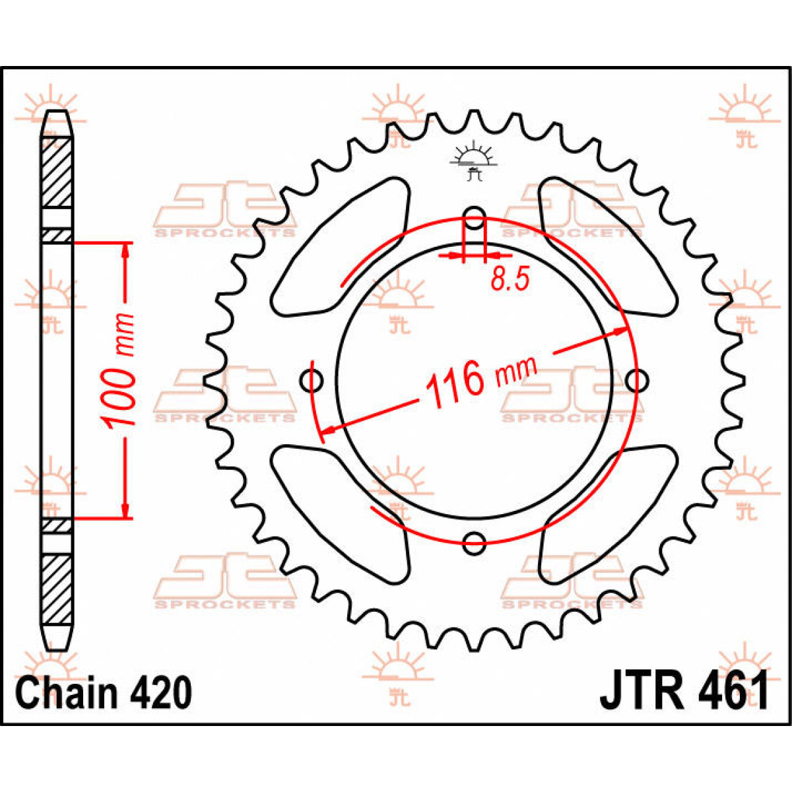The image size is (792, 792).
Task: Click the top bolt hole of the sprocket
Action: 475,217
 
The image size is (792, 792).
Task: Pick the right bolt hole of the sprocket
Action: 638,381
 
